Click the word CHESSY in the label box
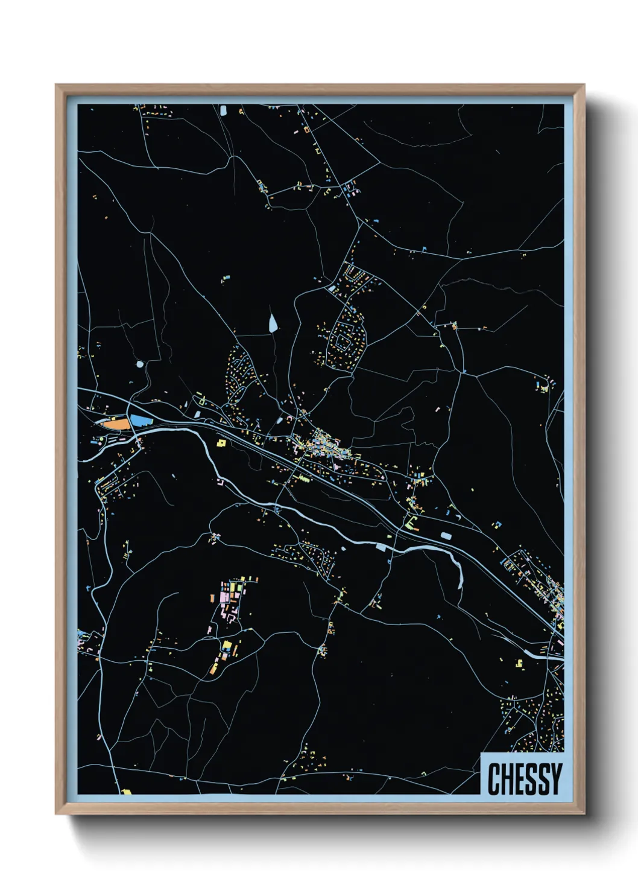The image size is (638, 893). pyautogui.click(x=524, y=779)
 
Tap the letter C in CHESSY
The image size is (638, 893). pyautogui.click(x=494, y=779)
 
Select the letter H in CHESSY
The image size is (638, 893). pyautogui.click(x=507, y=779)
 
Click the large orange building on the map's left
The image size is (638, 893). pyautogui.click(x=115, y=424)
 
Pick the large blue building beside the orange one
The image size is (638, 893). pyautogui.click(x=140, y=421)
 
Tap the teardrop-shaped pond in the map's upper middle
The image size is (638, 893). pyautogui.click(x=273, y=323)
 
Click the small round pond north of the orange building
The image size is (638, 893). pyautogui.click(x=141, y=364)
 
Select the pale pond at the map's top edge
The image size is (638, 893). pyautogui.click(x=223, y=110)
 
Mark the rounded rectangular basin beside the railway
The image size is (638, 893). pyautogui.click(x=446, y=536)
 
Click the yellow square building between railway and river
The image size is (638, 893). pyautogui.click(x=221, y=443)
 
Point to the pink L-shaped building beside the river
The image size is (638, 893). pyautogui.click(x=221, y=483)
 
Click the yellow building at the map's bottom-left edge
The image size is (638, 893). pyautogui.click(x=127, y=791)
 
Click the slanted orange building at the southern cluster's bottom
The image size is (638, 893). pyautogui.click(x=213, y=669)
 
